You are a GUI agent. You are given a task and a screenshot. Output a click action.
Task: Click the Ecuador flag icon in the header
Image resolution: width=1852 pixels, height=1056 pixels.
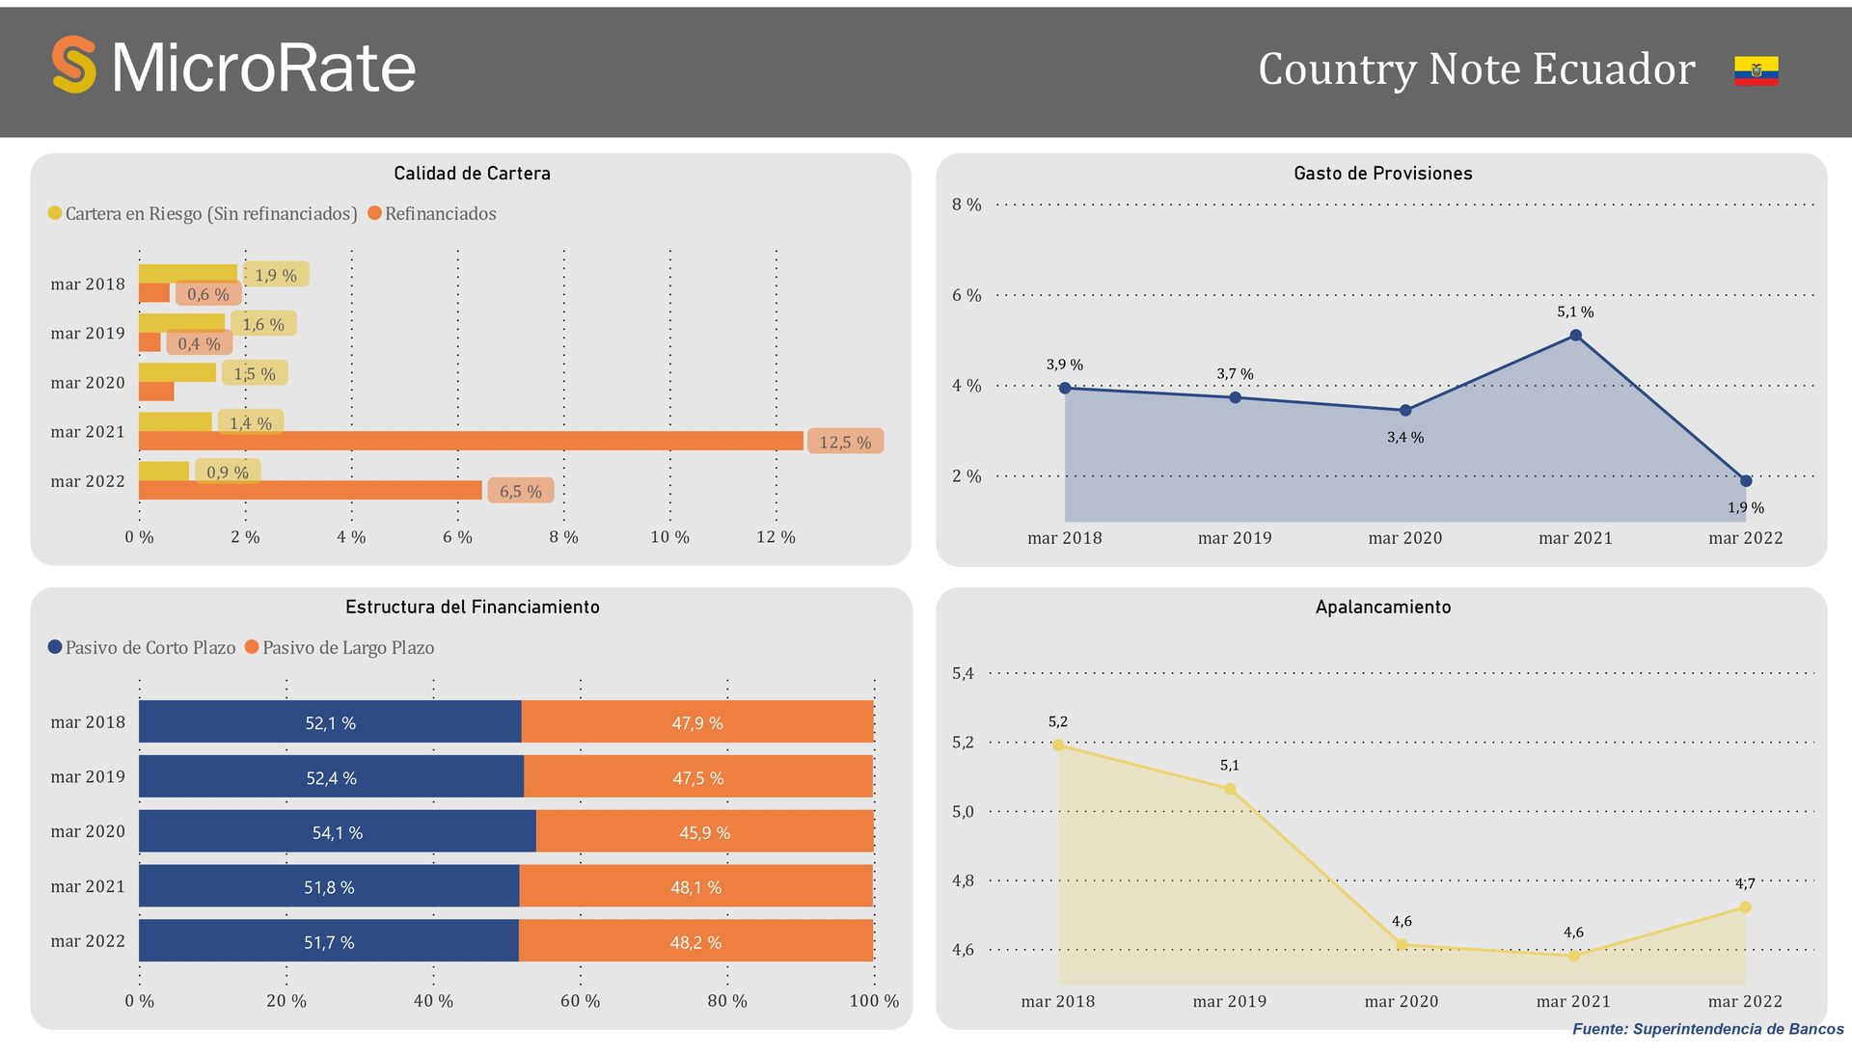click(1756, 70)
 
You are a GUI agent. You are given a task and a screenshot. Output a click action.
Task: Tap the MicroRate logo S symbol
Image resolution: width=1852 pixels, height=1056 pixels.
click(74, 65)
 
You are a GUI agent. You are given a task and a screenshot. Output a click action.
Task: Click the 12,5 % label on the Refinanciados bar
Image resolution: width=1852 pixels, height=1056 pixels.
click(845, 442)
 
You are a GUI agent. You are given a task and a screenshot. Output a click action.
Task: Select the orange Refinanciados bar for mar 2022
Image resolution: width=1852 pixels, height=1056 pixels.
click(311, 490)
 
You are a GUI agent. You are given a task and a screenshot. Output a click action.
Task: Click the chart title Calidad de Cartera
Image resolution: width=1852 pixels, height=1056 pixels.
click(472, 174)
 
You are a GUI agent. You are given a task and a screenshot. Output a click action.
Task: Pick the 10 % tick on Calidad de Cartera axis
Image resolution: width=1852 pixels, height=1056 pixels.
click(669, 537)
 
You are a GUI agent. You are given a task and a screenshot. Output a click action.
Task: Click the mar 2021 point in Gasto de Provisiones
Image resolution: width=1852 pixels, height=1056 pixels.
click(1575, 336)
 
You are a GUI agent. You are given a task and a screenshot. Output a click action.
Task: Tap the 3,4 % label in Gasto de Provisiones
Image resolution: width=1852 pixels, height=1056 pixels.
click(1404, 438)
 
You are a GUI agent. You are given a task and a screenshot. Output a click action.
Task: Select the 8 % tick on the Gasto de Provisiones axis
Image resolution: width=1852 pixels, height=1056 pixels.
click(966, 204)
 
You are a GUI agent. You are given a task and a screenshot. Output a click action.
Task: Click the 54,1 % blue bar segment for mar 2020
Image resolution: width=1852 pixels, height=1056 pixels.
click(337, 831)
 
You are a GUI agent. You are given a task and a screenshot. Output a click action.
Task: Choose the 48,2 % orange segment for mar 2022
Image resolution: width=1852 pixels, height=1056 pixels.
click(695, 941)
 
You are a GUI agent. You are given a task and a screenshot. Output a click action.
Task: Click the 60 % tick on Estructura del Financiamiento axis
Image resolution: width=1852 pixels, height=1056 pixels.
click(580, 1001)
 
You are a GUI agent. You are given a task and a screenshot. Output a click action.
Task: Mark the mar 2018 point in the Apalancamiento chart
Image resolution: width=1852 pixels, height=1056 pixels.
click(1058, 745)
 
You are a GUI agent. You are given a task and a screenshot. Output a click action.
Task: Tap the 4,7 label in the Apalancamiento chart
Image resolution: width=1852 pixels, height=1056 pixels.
click(1745, 883)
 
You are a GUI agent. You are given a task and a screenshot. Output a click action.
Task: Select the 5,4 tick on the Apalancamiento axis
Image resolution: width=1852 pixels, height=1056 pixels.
click(963, 673)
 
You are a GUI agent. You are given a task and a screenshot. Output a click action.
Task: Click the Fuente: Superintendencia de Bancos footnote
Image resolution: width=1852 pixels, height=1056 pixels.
click(1707, 1029)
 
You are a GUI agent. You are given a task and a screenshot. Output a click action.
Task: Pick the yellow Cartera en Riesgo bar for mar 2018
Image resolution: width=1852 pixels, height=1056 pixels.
click(188, 273)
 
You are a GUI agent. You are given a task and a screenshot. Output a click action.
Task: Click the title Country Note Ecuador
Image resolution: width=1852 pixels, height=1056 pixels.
click(1476, 69)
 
